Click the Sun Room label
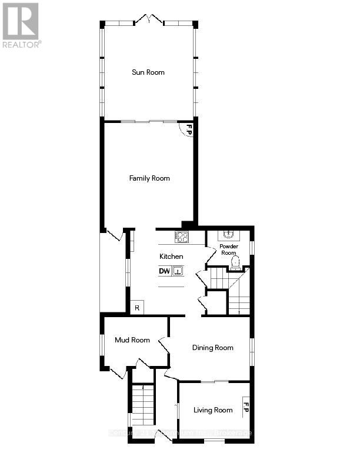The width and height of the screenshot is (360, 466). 148,72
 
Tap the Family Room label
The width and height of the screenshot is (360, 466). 149,178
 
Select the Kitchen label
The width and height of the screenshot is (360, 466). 171,257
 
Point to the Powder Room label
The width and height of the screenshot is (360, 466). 228,249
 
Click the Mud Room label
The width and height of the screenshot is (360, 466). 132,340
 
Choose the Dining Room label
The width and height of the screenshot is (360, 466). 212,348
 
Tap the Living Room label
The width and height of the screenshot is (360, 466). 213,410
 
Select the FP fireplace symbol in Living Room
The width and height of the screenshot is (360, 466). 246,407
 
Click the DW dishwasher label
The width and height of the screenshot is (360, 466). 165,271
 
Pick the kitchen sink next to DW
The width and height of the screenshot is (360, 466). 178,271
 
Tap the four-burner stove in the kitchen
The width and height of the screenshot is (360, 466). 182,237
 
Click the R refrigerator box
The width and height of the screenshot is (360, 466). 136,307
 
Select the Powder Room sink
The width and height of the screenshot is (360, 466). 229,236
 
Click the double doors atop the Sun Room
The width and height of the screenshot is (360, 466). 148,20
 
